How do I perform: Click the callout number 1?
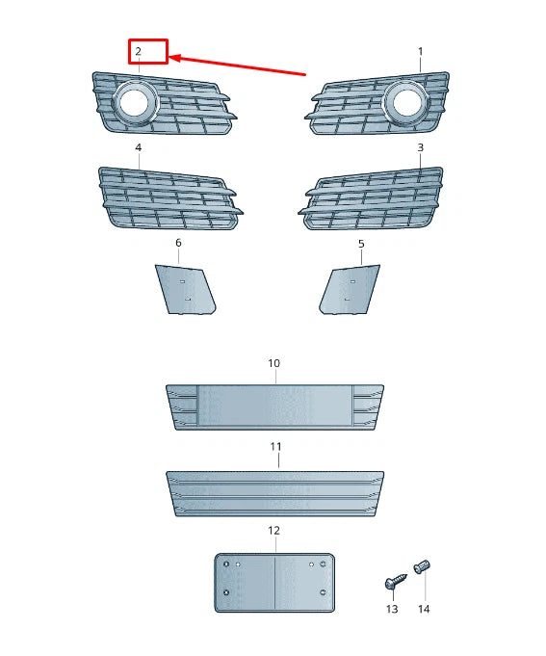pyautogui.click(x=420, y=50)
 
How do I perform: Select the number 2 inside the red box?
pyautogui.click(x=138, y=50)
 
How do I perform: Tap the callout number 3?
pyautogui.click(x=420, y=147)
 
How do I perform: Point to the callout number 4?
pyautogui.click(x=138, y=147)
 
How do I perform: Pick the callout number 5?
pyautogui.click(x=361, y=244)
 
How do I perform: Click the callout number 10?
pyautogui.click(x=273, y=363)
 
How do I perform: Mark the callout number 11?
pyautogui.click(x=275, y=447)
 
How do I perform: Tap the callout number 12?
pyautogui.click(x=273, y=531)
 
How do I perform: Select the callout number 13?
pyautogui.click(x=392, y=610)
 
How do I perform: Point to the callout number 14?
pyautogui.click(x=424, y=610)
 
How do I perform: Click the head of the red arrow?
pyautogui.click(x=174, y=58)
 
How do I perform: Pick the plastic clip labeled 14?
pyautogui.click(x=422, y=567)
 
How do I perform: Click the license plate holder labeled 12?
pyautogui.click(x=273, y=581)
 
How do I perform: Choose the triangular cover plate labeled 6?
pyautogui.click(x=185, y=289)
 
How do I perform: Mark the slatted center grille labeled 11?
pyautogui.click(x=275, y=493)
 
